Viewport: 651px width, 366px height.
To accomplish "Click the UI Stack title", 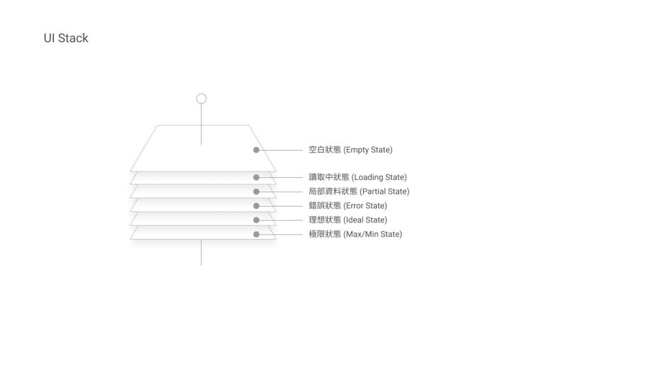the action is (x=65, y=38).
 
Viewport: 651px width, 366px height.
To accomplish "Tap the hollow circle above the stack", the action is (x=202, y=98).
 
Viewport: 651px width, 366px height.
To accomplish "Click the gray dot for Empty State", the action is (x=256, y=150).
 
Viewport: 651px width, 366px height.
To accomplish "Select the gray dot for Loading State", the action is (x=256, y=177).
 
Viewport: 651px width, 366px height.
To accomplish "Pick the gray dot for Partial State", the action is (x=256, y=191).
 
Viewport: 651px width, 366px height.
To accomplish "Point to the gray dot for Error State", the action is (x=256, y=206).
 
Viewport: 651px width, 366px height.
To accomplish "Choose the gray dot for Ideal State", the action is (x=256, y=220).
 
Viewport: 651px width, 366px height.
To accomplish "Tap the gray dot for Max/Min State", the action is (x=256, y=234).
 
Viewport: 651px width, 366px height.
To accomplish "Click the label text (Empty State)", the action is (x=368, y=150).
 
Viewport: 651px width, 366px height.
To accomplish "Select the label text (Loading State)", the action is (x=379, y=177).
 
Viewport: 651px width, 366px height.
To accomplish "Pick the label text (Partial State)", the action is (x=385, y=191).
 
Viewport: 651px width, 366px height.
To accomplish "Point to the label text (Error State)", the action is (x=365, y=206).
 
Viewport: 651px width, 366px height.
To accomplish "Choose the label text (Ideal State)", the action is (x=365, y=220).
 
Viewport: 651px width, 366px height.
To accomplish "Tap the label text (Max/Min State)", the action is (x=373, y=234).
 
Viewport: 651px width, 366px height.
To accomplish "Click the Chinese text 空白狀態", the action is (x=325, y=150).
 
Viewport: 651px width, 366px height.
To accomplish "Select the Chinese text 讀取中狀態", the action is (x=329, y=177).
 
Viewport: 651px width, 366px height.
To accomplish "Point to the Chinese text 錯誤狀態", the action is (x=325, y=206).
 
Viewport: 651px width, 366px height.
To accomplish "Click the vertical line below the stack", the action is (x=202, y=252).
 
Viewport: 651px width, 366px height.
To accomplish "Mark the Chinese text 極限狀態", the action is (x=325, y=234).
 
